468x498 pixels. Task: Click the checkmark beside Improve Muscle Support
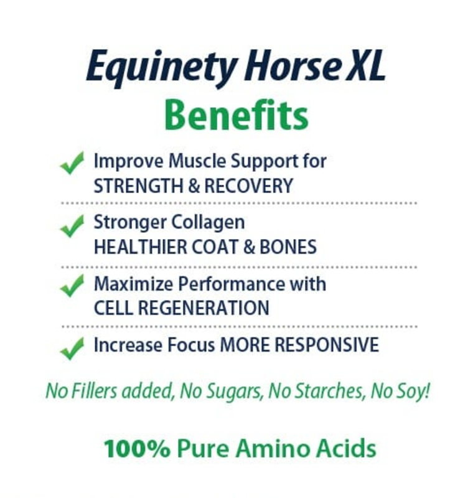72,165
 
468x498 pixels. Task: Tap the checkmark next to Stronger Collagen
72,226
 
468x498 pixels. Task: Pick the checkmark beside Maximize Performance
72,287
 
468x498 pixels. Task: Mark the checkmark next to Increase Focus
72,347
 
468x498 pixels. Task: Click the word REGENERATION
202,308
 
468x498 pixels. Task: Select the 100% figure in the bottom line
136,448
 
